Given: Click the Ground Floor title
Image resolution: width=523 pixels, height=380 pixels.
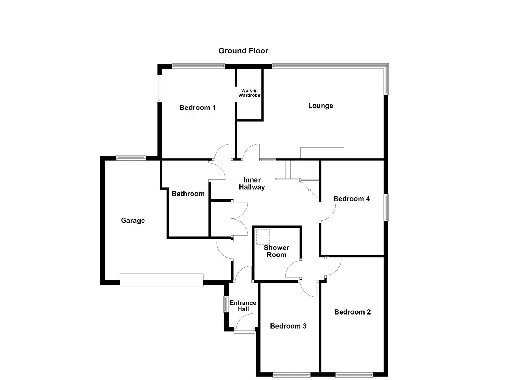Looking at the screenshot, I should pos(243,51).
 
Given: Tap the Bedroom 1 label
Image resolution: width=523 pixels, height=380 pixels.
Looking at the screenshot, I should pos(197,108).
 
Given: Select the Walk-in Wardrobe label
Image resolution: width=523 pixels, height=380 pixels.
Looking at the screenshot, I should pos(249,93).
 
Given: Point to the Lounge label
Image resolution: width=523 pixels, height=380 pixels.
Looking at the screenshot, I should pos(320,106).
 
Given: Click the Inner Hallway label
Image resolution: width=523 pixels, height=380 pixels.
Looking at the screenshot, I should pos(252,184).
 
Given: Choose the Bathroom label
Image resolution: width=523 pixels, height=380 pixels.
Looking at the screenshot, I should pos(188,194).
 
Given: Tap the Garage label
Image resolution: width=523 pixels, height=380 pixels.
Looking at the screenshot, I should pos(133,220).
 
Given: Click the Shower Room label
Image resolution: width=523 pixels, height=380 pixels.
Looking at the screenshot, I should pos(276,251).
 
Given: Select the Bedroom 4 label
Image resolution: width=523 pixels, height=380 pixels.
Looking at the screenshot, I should pos(351,199).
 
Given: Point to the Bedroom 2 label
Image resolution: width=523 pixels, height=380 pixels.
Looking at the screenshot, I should pos(352,312).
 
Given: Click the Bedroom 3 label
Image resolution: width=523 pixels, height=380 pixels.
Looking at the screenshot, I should pos(288,326).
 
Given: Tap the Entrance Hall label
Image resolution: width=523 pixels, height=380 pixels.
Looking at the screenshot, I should pos(243,306).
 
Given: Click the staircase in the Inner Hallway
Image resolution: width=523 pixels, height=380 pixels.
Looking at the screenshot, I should pos(287,170).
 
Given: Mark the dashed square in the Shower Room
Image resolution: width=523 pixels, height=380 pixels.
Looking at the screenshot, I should pos(263,237).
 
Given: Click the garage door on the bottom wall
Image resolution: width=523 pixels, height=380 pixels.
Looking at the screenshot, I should pos(161,280).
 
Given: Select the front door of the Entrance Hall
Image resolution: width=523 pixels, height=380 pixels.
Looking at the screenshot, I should pos(244,330).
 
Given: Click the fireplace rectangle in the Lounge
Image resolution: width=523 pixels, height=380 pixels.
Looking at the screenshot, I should pos(322,153).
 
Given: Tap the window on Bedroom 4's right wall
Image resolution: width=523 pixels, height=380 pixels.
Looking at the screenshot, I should pos(386,207).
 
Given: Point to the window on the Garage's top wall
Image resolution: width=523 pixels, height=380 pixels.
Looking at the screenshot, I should pos(131,158).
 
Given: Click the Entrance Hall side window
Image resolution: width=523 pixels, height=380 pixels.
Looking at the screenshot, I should pos(226,304).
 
